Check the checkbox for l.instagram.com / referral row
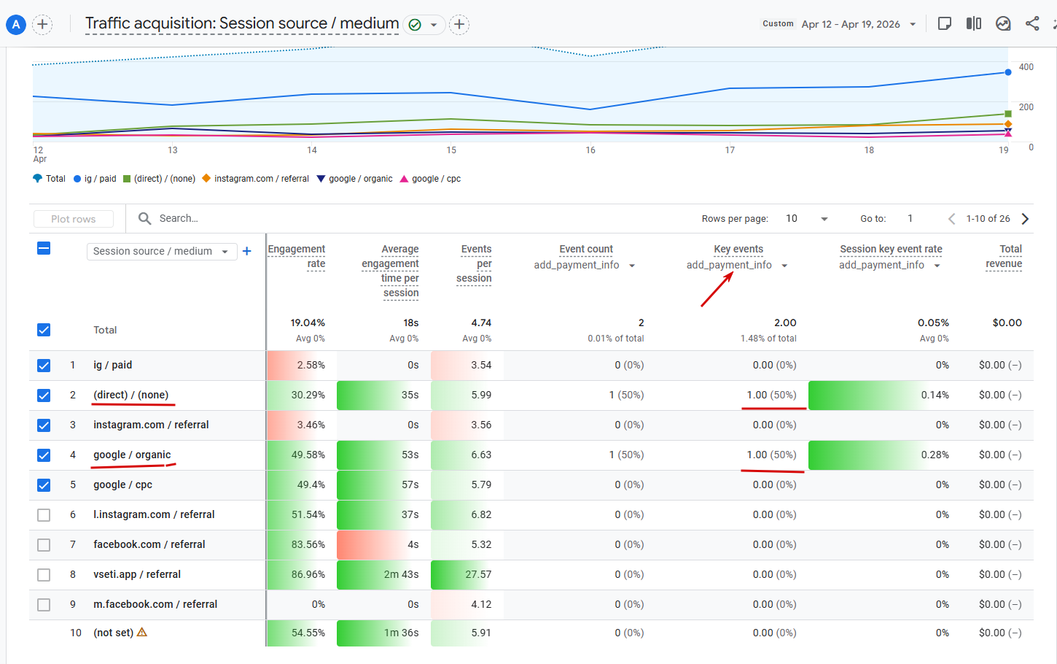[44, 515]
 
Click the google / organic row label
[132, 455]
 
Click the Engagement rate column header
[297, 256]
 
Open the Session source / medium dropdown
[161, 251]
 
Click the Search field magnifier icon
[144, 218]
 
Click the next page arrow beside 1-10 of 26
[1025, 219]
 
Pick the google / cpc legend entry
[430, 179]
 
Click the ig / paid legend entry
[95, 179]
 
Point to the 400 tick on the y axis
[1026, 67]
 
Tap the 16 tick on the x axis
[590, 150]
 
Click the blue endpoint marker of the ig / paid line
[1008, 72]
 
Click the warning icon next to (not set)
[142, 632]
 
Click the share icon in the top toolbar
[1032, 23]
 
